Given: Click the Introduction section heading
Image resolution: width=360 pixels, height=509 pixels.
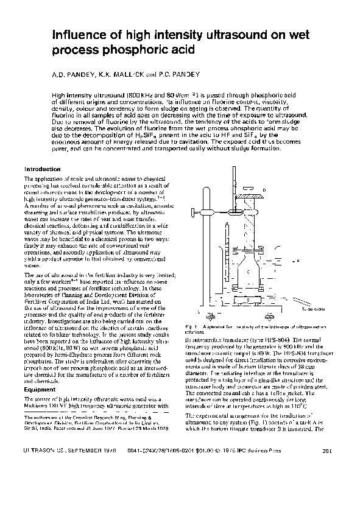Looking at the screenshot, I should [x=42, y=169].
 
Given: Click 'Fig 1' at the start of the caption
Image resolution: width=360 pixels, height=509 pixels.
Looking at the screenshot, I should [x=191, y=328].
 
